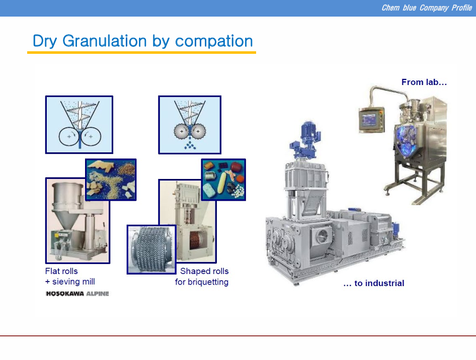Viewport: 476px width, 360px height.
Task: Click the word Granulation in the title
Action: click(x=105, y=41)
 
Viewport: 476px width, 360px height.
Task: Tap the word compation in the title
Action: click(x=214, y=41)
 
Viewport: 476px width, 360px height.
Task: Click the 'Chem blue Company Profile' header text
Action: click(x=427, y=8)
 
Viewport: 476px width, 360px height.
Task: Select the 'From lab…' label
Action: click(x=424, y=82)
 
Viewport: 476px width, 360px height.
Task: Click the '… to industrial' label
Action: click(x=374, y=283)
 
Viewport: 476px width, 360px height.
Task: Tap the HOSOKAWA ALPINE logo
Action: click(x=77, y=294)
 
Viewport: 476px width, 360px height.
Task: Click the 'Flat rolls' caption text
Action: click(x=61, y=271)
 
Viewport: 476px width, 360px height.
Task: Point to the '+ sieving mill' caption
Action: click(x=70, y=282)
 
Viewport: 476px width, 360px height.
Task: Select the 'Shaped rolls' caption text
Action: click(x=204, y=271)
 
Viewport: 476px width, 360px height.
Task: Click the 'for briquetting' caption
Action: click(x=202, y=282)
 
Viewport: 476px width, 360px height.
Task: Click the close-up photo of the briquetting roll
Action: click(x=151, y=249)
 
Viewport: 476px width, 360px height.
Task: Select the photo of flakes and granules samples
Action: click(x=111, y=179)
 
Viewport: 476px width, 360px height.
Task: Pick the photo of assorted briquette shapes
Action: click(x=223, y=179)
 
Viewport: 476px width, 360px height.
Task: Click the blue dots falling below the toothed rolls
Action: click(x=190, y=145)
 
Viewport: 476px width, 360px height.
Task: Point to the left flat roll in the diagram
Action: click(x=68, y=136)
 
